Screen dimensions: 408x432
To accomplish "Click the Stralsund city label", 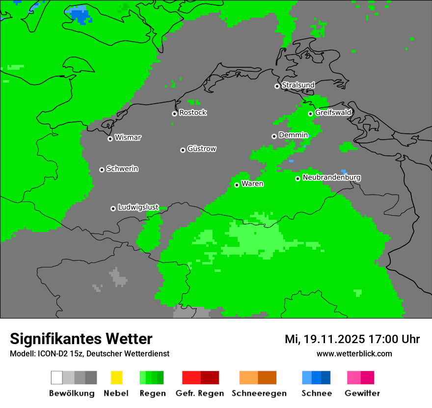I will point(298,86).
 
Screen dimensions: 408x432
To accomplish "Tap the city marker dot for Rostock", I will point(174,114).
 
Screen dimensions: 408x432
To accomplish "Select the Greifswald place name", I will point(333,113).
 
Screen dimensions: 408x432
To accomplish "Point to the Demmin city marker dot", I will point(274,136).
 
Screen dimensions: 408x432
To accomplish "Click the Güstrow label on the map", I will point(202,149).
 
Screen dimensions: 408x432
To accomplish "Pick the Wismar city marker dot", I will point(110,139).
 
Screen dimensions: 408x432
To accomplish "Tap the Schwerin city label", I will point(122,169).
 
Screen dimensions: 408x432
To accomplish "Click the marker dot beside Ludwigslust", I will point(113,208).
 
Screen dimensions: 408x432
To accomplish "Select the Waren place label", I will point(252,184).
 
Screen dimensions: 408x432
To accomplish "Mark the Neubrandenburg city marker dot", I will point(297,178).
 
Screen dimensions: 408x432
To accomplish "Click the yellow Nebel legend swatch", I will point(116,378).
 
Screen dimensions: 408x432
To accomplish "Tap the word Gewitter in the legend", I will point(362,393).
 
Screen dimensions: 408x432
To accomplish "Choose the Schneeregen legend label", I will point(259,393).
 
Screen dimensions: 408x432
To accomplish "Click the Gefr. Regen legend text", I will point(200,393).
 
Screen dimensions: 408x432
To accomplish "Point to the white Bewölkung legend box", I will point(56,378).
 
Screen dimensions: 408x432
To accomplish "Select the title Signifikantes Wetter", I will point(81,339).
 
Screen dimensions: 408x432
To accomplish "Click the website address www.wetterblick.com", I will point(354,354).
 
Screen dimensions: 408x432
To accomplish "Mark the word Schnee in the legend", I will point(316,393).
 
